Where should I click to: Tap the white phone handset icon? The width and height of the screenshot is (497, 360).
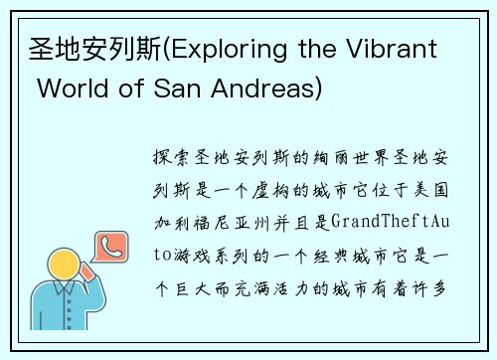[108, 244]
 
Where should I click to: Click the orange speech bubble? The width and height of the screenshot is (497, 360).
[108, 245]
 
